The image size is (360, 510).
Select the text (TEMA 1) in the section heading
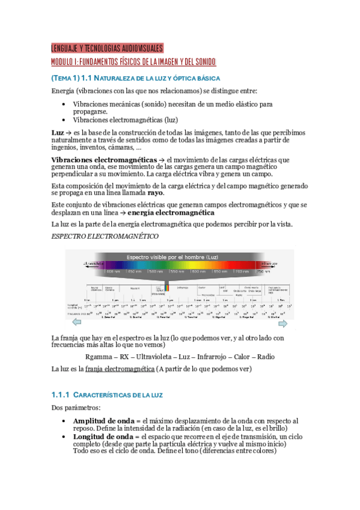[64, 79]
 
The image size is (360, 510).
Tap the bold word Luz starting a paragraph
[58, 132]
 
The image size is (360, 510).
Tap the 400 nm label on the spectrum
[114, 271]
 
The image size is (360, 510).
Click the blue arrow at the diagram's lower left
[72, 324]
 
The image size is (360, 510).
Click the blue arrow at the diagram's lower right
[287, 324]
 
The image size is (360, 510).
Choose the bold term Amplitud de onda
[102, 421]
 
